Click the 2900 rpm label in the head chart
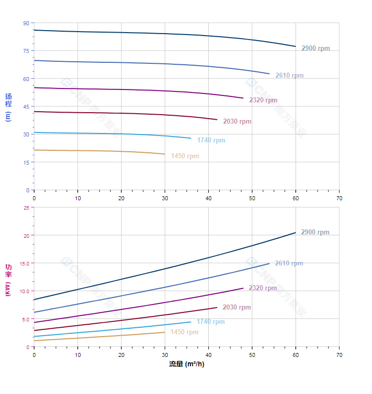pos(315,48)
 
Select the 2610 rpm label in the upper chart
pos(289,76)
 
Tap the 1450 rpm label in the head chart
pos(185,156)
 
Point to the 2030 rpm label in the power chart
pos(236,307)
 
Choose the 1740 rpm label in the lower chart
pos(210,322)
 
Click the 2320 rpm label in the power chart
pos(263,288)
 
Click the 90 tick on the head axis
pos(26,23)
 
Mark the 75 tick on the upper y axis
pos(26,51)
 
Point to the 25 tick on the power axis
pos(26,208)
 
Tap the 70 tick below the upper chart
pos(339,198)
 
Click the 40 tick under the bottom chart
pos(208,355)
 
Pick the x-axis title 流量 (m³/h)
pos(186,364)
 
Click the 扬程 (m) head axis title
pos(8,107)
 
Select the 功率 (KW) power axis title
pos(8,280)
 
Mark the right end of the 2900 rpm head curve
pos(296,46)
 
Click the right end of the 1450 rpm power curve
pos(165,332)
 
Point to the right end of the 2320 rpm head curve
pos(243,98)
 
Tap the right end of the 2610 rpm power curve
pos(270,263)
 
